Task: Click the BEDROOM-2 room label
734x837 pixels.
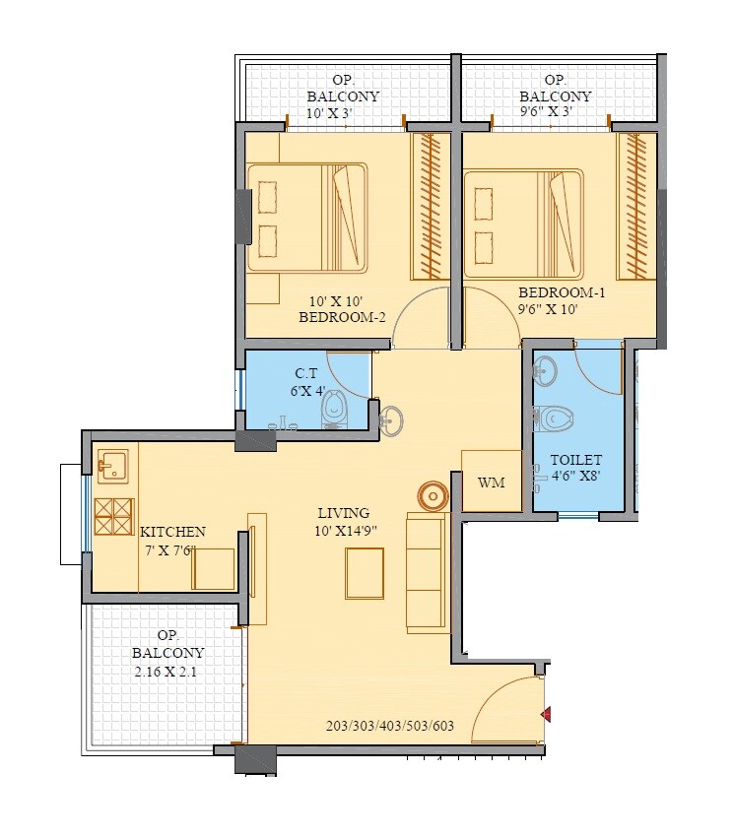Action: click(x=341, y=317)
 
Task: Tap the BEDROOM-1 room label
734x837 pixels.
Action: click(x=562, y=292)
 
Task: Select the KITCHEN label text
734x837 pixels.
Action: click(x=172, y=532)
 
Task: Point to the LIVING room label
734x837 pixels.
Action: click(x=343, y=513)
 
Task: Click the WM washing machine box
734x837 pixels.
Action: click(x=491, y=483)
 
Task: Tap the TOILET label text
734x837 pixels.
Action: click(x=575, y=460)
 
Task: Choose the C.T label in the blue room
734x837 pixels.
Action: click(x=305, y=373)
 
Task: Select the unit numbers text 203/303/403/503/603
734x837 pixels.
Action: click(x=390, y=727)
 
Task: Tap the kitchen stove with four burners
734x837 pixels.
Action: click(x=113, y=517)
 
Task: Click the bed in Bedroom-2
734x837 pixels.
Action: click(x=306, y=218)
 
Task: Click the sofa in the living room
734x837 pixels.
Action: click(x=427, y=571)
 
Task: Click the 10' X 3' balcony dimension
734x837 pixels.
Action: click(x=342, y=112)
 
